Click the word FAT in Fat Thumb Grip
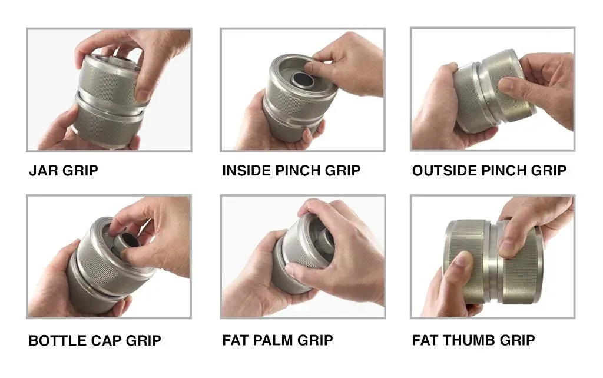pos(425,340)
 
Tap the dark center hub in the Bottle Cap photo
pos(127,241)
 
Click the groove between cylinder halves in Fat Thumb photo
pos(495,261)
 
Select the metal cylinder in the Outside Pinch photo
pos(494,90)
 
